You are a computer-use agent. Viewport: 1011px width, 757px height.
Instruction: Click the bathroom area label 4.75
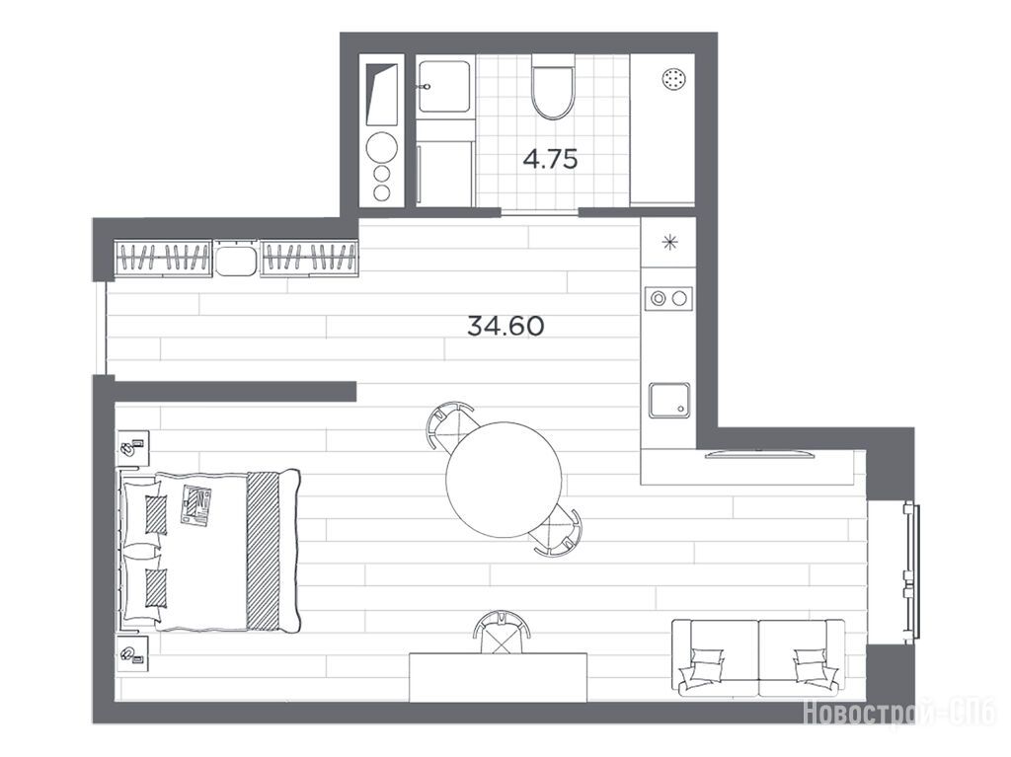coord(550,159)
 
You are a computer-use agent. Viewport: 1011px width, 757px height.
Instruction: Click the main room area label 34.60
coord(505,327)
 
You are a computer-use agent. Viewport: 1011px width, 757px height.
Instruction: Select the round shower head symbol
coord(673,79)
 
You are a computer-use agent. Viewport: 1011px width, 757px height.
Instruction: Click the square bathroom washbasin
coord(443,87)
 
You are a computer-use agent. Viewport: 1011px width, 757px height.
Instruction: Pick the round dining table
coord(504,480)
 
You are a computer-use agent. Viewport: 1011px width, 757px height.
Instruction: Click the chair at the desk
coord(502,633)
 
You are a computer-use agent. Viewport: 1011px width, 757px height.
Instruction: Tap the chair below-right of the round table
coord(557,532)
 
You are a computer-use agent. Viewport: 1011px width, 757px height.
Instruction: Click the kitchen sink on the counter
coord(669,401)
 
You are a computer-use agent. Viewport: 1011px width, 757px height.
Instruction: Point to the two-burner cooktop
coord(668,298)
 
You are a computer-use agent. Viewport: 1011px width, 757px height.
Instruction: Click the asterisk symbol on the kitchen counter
coord(670,243)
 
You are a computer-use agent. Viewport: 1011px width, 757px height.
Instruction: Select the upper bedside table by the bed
coord(132,448)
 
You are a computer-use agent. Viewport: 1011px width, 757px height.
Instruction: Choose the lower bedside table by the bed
coord(132,653)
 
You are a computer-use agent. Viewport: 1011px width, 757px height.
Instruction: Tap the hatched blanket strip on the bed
coord(264,551)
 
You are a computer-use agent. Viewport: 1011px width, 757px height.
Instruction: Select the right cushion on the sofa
coord(813,667)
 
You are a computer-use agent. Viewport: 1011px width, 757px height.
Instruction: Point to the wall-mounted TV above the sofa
coord(759,454)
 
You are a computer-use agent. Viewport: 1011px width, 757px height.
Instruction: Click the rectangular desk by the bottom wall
coord(499,678)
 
